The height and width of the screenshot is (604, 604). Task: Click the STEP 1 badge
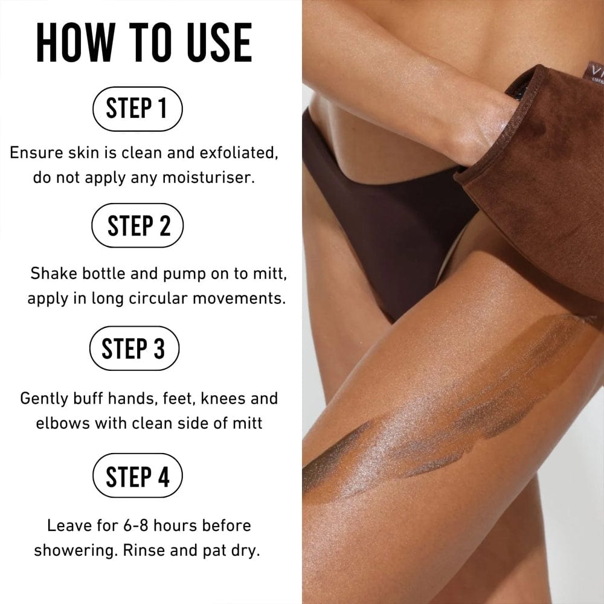tap(137, 109)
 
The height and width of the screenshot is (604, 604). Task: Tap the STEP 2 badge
tap(137, 225)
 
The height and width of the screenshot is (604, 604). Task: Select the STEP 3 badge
tap(133, 349)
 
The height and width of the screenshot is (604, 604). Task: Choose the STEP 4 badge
tap(137, 477)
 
